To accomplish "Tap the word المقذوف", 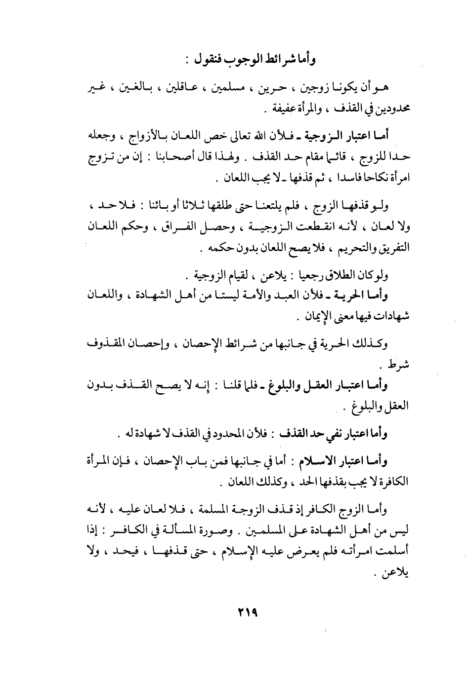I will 110,344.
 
